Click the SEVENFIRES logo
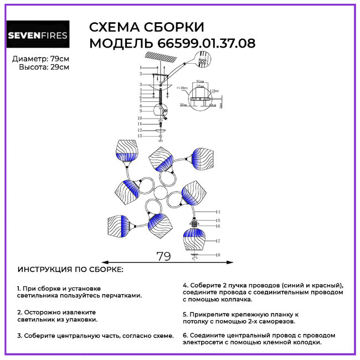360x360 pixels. (38, 37)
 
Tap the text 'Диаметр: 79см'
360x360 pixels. (41, 59)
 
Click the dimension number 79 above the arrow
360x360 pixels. (163, 256)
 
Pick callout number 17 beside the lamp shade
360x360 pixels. (218, 241)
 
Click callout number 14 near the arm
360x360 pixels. (218, 212)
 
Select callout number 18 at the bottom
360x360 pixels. (218, 255)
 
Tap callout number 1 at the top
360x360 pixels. (141, 67)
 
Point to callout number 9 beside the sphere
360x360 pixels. (141, 111)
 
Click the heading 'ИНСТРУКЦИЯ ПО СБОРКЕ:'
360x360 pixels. (70, 270)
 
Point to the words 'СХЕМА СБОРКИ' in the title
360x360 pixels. (147, 28)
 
